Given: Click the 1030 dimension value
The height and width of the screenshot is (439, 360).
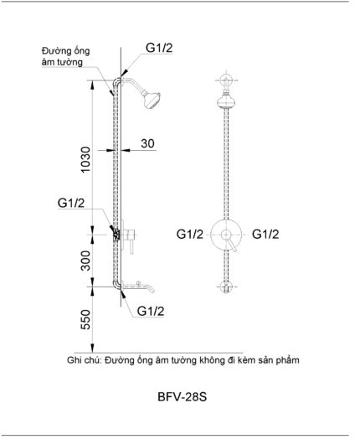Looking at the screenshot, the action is [85, 159].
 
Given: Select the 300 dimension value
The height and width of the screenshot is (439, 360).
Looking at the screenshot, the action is [85, 261].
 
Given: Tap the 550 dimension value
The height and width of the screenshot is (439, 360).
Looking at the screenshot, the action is [85, 319].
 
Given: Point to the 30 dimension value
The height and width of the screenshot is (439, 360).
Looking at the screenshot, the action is [147, 143].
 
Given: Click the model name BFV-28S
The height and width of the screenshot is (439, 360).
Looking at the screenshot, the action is [183, 397].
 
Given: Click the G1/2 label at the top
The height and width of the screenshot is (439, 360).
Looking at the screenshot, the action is [159, 48].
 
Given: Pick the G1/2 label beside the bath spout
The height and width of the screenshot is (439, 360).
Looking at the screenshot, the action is [151, 311].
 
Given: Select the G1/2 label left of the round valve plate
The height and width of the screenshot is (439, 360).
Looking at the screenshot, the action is [190, 234].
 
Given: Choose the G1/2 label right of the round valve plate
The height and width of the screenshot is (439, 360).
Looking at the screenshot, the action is [265, 234].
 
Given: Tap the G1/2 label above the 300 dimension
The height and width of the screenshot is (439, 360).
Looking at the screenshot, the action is [71, 203].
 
